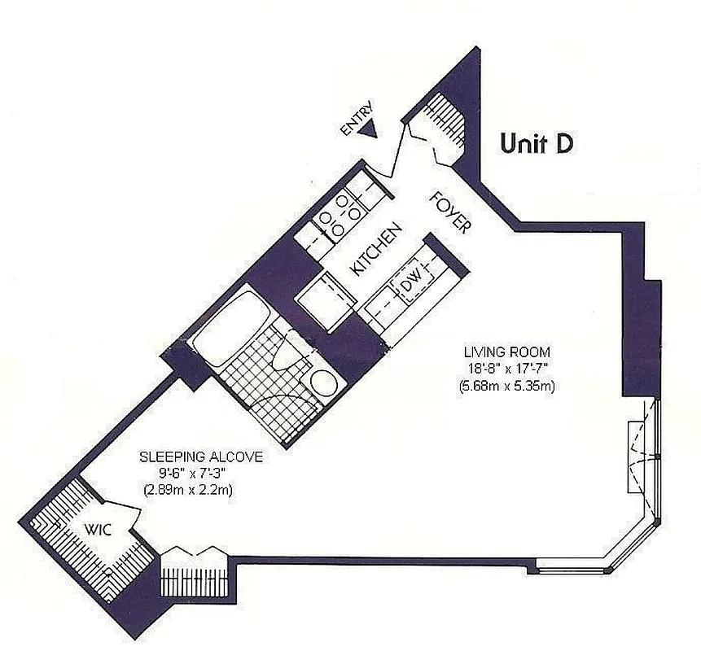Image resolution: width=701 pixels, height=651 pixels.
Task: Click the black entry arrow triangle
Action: click(x=370, y=129)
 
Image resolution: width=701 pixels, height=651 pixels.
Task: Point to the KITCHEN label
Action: click(x=375, y=251)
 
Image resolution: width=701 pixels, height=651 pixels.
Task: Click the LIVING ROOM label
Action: click(x=506, y=352)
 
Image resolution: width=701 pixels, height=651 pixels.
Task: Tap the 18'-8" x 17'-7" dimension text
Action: click(x=506, y=368)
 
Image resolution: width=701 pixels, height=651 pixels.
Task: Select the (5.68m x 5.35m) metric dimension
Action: click(x=506, y=383)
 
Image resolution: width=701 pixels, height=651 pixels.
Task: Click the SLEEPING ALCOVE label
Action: click(x=200, y=457)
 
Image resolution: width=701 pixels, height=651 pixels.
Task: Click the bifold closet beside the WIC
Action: click(x=192, y=574)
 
